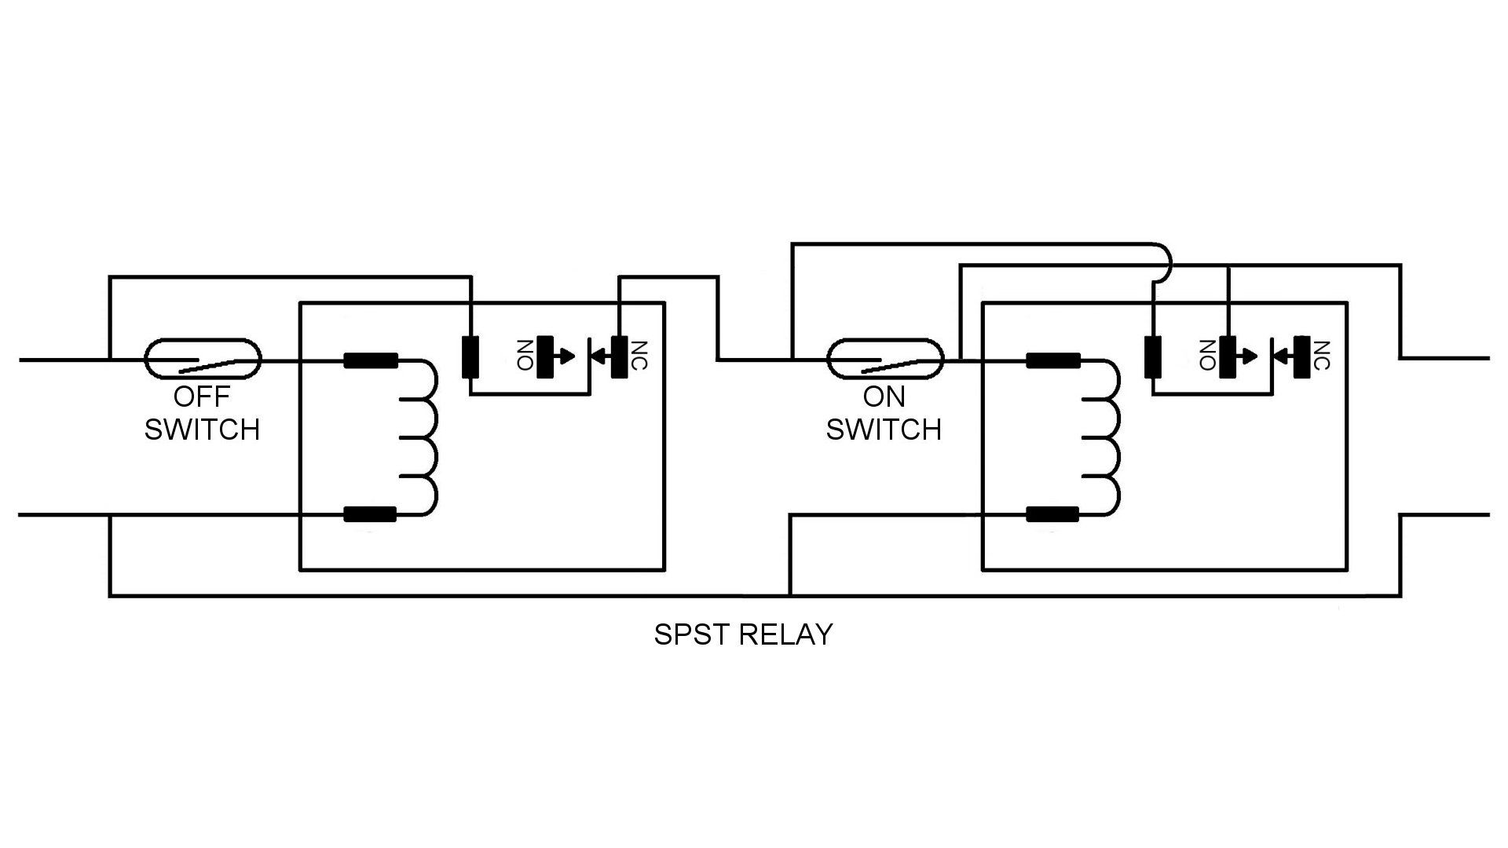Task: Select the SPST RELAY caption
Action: tap(743, 634)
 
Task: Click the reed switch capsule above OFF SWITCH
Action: tap(202, 360)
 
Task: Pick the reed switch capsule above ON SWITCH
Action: tap(884, 360)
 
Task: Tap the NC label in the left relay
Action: tap(639, 355)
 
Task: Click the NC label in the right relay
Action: tap(1321, 355)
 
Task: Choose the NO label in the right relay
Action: tap(1207, 355)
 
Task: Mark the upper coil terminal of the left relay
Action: tap(371, 361)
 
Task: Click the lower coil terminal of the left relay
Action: tap(371, 515)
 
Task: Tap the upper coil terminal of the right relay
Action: tap(1053, 361)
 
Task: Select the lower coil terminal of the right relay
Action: tap(1053, 515)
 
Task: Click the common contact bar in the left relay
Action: tap(470, 357)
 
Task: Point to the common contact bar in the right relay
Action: tap(1152, 357)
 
